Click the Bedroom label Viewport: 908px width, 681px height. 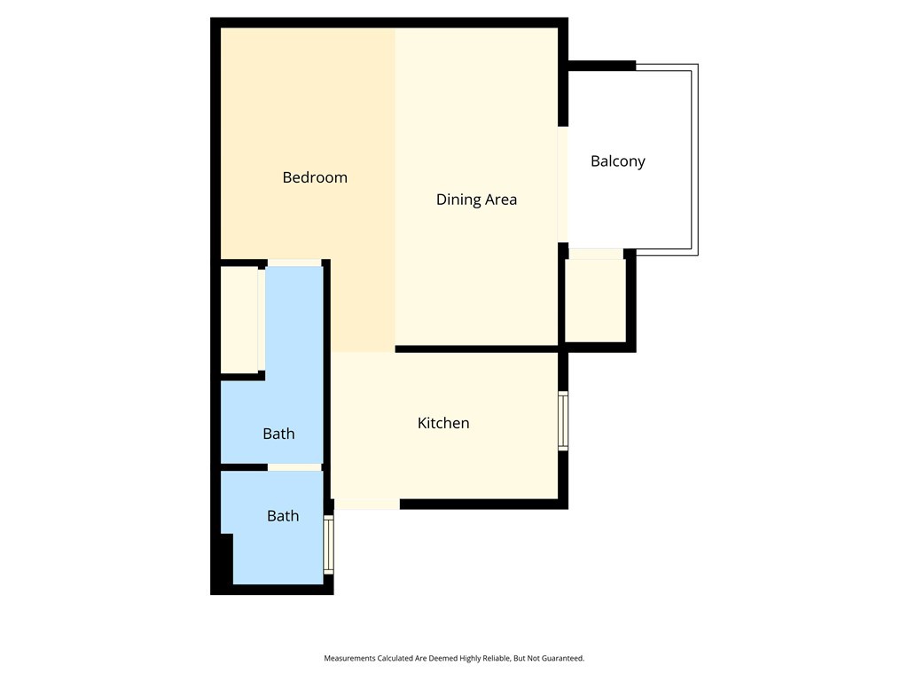pyautogui.click(x=315, y=177)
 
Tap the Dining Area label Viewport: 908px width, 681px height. pyautogui.click(x=476, y=200)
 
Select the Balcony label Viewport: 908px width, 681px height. pyautogui.click(x=618, y=161)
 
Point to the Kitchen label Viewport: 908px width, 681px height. pyautogui.click(x=443, y=423)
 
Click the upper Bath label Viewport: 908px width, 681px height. pyautogui.click(x=278, y=434)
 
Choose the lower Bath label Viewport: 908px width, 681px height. pyautogui.click(x=283, y=516)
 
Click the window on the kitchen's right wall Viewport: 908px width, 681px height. pyautogui.click(x=563, y=421)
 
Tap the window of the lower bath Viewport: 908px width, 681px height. pyautogui.click(x=328, y=544)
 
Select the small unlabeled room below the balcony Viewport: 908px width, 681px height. pyautogui.click(x=595, y=301)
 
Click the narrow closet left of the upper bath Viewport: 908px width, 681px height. pyautogui.click(x=239, y=319)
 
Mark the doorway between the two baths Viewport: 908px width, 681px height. pyautogui.click(x=294, y=467)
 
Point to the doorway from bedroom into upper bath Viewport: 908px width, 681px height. pyautogui.click(x=294, y=262)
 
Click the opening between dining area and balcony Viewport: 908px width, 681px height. pyautogui.click(x=563, y=184)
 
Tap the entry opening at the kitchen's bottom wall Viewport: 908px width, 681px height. pyautogui.click(x=367, y=505)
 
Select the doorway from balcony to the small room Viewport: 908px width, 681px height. pyautogui.click(x=596, y=254)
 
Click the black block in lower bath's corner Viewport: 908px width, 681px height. pyautogui.click(x=227, y=559)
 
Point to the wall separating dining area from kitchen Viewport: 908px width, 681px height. pyautogui.click(x=476, y=349)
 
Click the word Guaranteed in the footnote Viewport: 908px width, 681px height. pyautogui.click(x=562, y=659)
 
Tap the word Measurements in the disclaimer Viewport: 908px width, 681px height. pyautogui.click(x=349, y=659)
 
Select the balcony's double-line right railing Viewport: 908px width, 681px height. pyautogui.click(x=695, y=160)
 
